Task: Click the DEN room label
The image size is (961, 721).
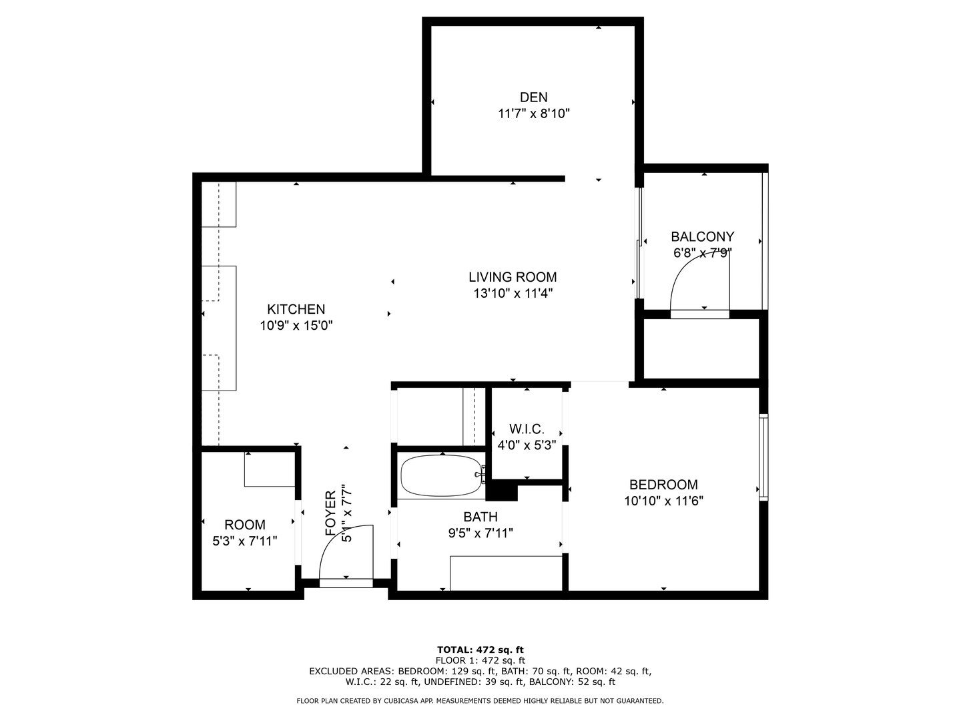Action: pyautogui.click(x=533, y=97)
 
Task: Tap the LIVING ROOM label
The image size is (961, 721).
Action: pyautogui.click(x=513, y=277)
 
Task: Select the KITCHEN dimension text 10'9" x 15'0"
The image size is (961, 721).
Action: pyautogui.click(x=296, y=326)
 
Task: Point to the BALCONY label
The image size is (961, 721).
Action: pyautogui.click(x=702, y=237)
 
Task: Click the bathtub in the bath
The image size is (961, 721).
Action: pyautogui.click(x=443, y=476)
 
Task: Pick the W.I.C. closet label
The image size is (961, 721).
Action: pyautogui.click(x=527, y=429)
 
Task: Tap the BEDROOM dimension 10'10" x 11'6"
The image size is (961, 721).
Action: pyautogui.click(x=664, y=501)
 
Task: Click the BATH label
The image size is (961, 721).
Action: pyautogui.click(x=480, y=517)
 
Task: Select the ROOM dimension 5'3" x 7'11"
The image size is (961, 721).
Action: pyautogui.click(x=245, y=541)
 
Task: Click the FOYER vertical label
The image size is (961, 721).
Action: pyautogui.click(x=330, y=513)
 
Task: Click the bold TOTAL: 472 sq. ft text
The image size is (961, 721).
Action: pyautogui.click(x=480, y=650)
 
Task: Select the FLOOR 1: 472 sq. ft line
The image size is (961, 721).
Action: pyautogui.click(x=480, y=661)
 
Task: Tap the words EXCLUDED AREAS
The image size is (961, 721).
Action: pyautogui.click(x=351, y=672)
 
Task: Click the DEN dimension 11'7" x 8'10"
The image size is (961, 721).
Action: pyautogui.click(x=533, y=113)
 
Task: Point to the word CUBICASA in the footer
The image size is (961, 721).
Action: pyautogui.click(x=402, y=701)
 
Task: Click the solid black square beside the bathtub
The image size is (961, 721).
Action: pyautogui.click(x=502, y=490)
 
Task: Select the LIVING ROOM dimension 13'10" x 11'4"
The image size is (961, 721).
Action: pyautogui.click(x=513, y=293)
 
